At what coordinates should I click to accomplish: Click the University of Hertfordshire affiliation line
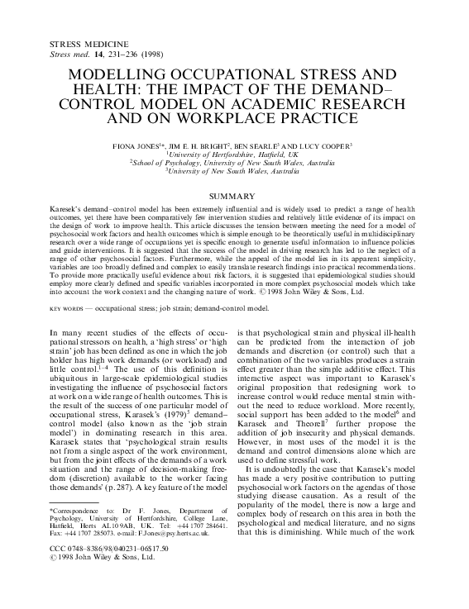[234, 155]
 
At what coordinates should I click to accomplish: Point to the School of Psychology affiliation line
[234, 164]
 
